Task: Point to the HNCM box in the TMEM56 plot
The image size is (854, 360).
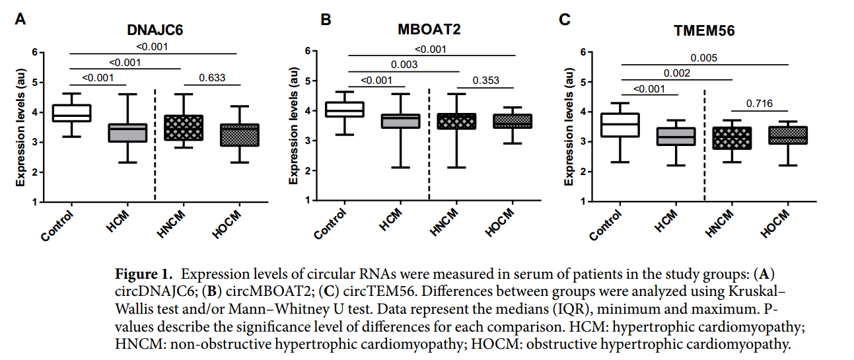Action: click(732, 138)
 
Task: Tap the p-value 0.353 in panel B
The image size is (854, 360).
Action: click(485, 81)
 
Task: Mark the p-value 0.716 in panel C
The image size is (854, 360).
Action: click(760, 104)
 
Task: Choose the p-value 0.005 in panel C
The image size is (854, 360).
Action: click(705, 57)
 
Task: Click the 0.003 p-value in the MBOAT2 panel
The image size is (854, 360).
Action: click(403, 65)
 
